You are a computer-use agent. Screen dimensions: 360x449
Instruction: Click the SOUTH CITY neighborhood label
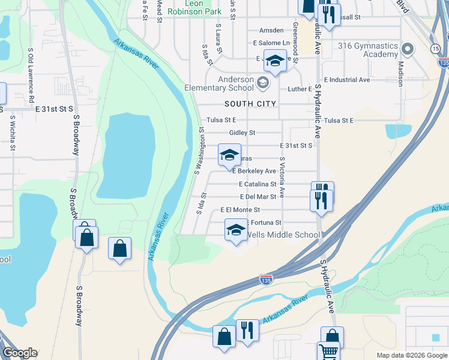[x=250, y=104]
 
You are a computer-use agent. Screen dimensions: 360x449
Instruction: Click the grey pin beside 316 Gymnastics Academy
[x=408, y=49]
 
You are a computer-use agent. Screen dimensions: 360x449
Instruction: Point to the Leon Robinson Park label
[x=195, y=7]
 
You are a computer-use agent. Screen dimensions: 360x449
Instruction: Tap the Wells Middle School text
[x=283, y=235]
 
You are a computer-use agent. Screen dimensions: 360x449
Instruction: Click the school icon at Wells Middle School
[x=236, y=230]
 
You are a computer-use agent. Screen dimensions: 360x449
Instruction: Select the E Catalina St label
[x=257, y=184]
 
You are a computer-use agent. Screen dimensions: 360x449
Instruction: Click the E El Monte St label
[x=240, y=210]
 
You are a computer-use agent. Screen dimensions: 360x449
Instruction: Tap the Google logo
[x=20, y=353]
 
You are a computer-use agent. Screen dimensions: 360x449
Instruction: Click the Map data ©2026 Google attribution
[x=412, y=355]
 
